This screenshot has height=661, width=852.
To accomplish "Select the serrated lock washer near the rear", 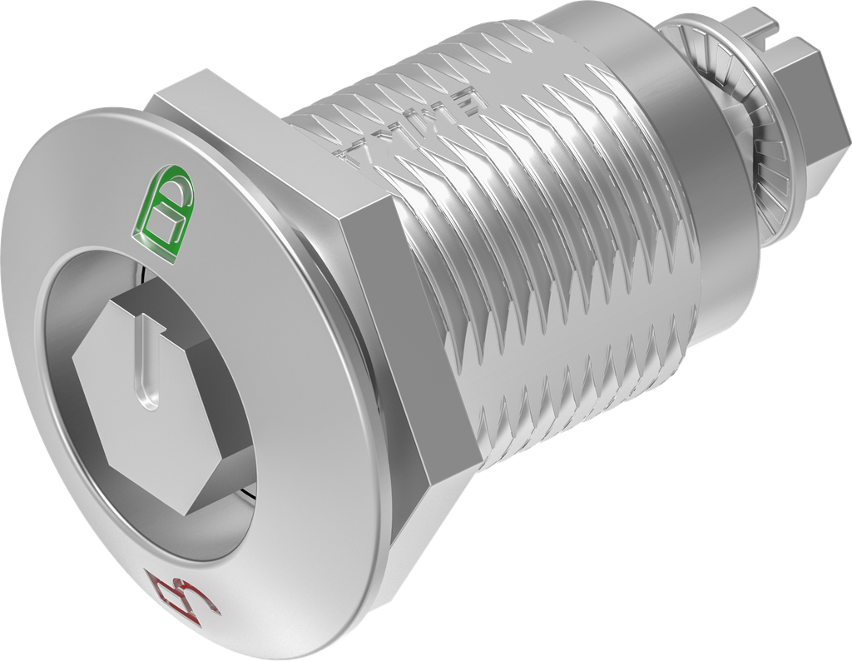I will click(x=728, y=125).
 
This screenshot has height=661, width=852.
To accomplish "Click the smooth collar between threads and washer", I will click(x=666, y=166).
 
